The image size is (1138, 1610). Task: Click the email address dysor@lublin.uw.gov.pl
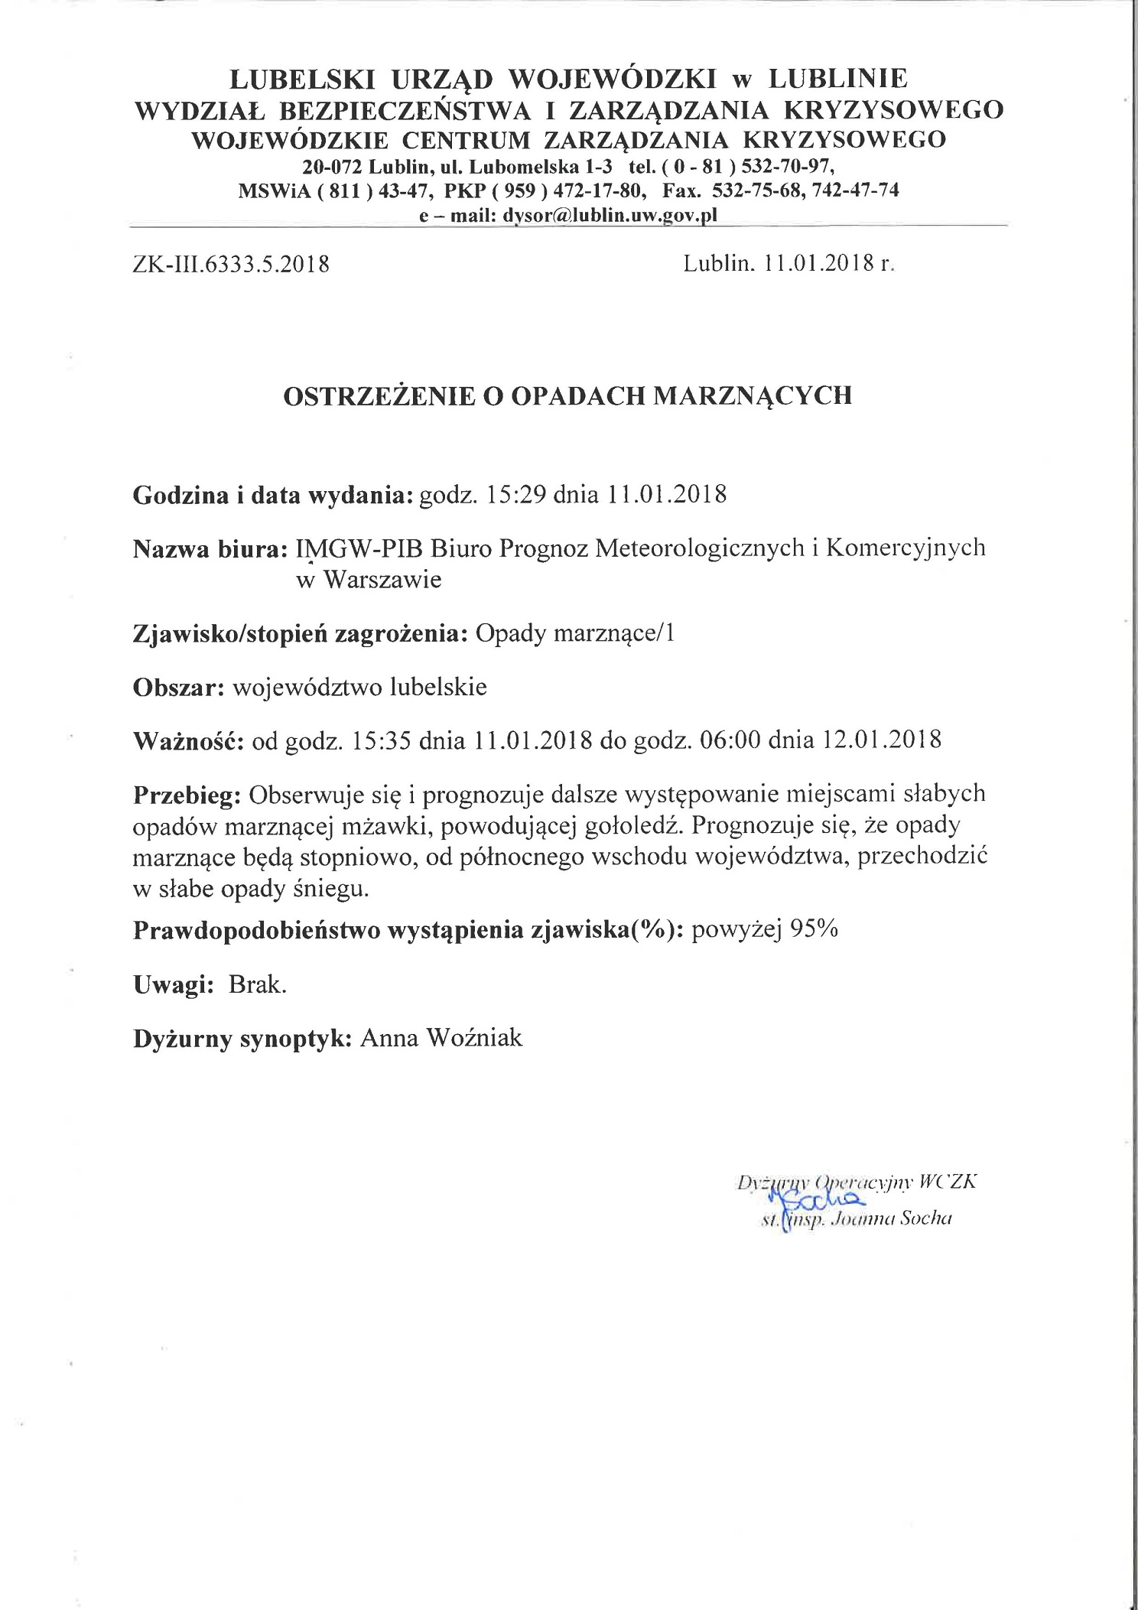(x=610, y=216)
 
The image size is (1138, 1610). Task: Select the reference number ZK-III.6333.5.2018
(x=231, y=265)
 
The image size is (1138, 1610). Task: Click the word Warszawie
(x=382, y=580)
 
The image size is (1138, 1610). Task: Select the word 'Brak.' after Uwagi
(x=258, y=984)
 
